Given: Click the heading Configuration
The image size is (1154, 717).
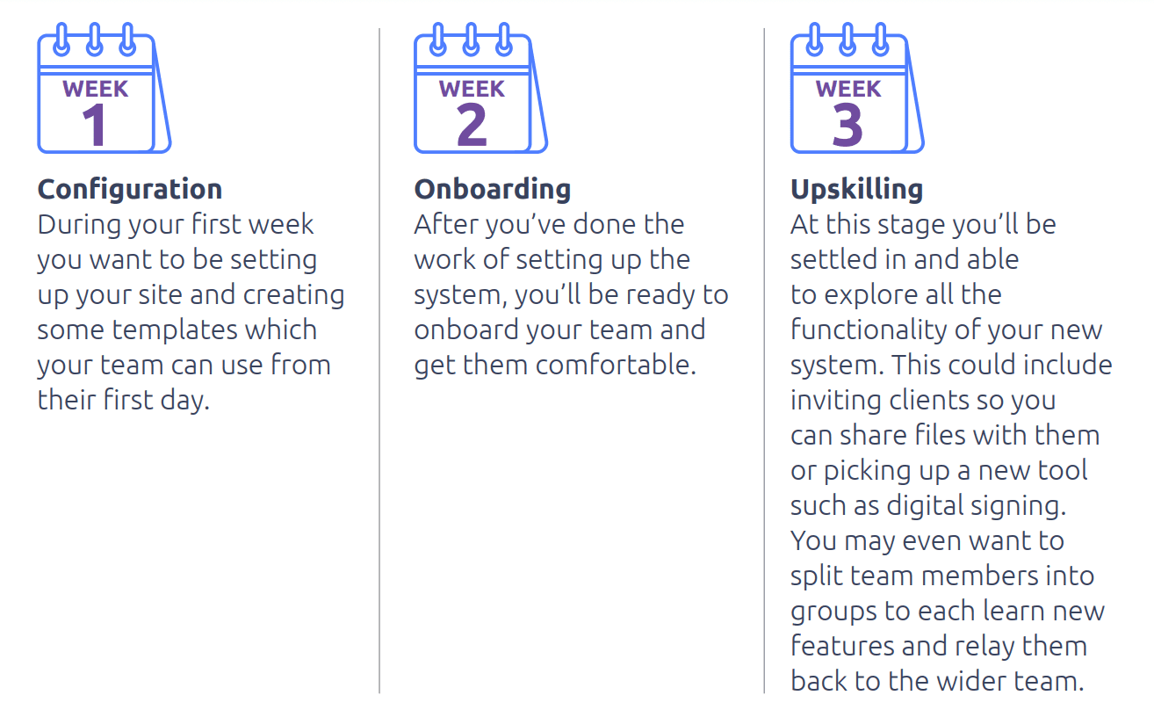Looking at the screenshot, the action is (130, 190).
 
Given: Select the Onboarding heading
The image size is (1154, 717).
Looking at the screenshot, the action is (493, 190).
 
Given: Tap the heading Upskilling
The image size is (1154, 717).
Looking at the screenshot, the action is (857, 190).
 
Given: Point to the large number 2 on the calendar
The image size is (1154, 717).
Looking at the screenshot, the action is (472, 125).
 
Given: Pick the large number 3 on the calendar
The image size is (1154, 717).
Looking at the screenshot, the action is (847, 125).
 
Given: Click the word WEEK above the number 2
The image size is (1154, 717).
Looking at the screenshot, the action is (472, 89).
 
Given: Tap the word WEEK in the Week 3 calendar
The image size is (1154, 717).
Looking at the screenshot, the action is (848, 89).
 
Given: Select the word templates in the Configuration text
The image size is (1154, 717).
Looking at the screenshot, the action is (174, 330).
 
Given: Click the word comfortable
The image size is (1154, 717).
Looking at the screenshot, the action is (616, 365).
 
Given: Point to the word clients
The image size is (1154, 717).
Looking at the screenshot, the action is (920, 400).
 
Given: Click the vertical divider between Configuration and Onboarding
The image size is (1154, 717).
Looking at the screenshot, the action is (379, 361).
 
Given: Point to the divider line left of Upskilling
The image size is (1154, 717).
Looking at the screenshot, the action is (764, 361).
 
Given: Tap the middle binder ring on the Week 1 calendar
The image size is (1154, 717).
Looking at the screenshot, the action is (94, 40).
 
